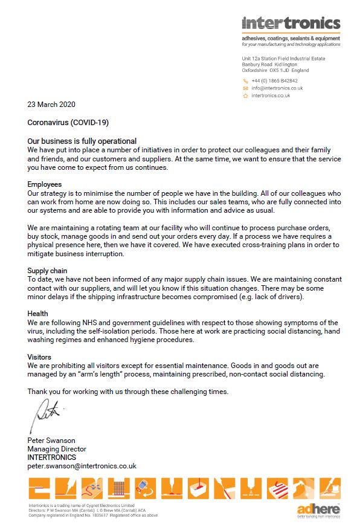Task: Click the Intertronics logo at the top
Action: pyautogui.click(x=291, y=24)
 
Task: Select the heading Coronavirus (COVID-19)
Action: pyautogui.click(x=68, y=123)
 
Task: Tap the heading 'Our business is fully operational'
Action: pyautogui.click(x=82, y=141)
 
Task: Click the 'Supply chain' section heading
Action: pyautogui.click(x=48, y=271)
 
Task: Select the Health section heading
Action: pyautogui.click(x=37, y=314)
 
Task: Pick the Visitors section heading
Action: pyautogui.click(x=39, y=357)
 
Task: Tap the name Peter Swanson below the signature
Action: pyautogui.click(x=51, y=441)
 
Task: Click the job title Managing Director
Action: pyautogui.click(x=57, y=449)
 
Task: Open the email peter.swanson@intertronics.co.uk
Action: pyautogui.click(x=82, y=466)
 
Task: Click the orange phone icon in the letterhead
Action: pyautogui.click(x=246, y=80)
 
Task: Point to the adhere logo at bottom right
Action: pyautogui.click(x=318, y=510)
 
